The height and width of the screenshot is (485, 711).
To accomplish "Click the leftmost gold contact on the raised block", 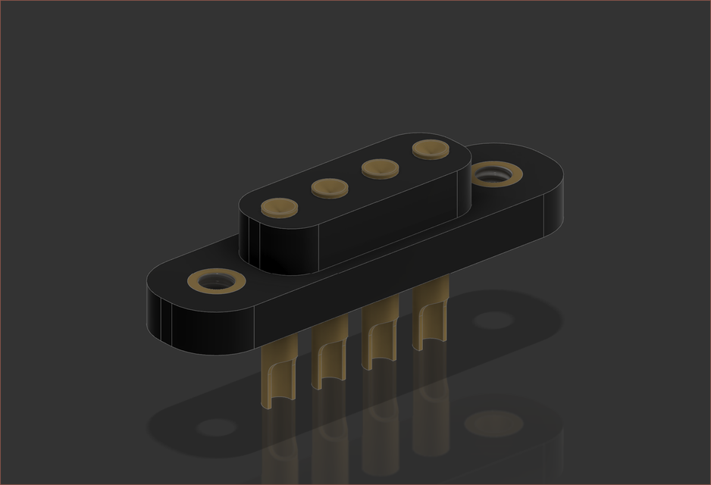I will [x=279, y=206].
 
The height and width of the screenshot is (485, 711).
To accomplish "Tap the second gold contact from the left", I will [x=329, y=186].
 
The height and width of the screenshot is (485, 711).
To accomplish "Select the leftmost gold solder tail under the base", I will [x=275, y=379].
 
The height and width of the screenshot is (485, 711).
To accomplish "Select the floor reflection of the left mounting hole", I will [x=216, y=427].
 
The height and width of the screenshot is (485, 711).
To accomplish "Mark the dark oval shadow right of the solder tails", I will [x=493, y=320].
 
